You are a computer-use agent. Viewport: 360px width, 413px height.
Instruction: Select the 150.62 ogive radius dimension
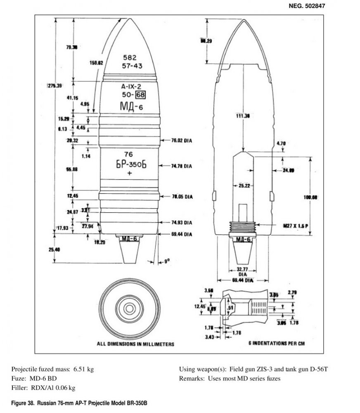point(96,63)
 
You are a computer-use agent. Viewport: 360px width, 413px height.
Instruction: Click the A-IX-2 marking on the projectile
point(131,88)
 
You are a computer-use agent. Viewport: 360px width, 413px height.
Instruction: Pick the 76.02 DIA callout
point(182,141)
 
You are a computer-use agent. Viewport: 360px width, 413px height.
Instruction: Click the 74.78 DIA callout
point(182,166)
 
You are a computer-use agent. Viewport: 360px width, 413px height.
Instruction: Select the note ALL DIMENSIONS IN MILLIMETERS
point(135,344)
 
